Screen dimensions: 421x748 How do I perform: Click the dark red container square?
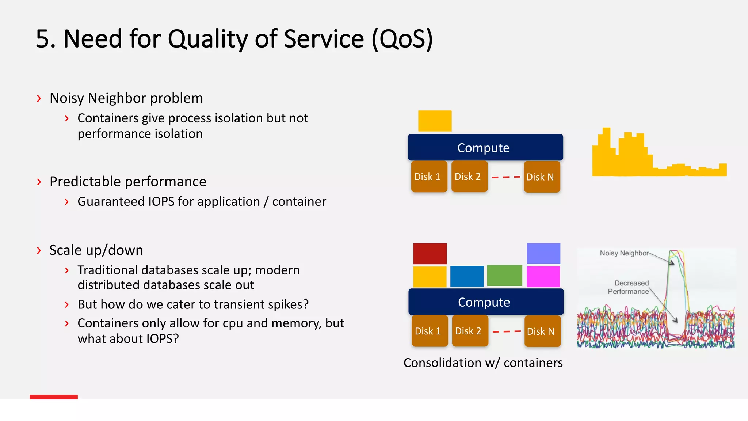click(430, 253)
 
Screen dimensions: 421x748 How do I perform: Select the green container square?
click(504, 276)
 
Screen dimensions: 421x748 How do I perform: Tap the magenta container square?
click(543, 276)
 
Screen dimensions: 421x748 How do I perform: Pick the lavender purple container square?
click(543, 253)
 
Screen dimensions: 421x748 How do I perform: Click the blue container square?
click(467, 276)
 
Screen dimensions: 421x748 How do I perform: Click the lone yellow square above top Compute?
click(435, 121)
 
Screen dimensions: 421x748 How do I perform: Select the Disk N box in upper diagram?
click(542, 177)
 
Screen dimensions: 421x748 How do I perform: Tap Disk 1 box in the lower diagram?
click(430, 331)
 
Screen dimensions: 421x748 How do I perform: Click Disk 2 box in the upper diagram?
click(469, 177)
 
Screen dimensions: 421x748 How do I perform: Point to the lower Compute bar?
click(486, 302)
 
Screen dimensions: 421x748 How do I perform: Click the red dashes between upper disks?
click(506, 177)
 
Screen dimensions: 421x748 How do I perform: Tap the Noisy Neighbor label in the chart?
click(624, 253)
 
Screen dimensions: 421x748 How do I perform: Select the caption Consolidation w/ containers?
click(483, 363)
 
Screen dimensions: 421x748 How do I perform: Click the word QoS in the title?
click(402, 39)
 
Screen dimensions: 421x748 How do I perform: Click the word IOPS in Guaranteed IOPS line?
click(161, 202)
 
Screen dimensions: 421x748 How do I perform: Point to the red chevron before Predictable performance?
click(39, 182)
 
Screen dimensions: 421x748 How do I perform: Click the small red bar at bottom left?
click(54, 397)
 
